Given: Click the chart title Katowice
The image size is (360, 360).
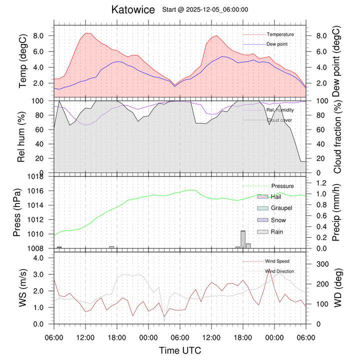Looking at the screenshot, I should tap(132, 10).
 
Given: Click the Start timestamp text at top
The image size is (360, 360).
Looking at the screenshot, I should tap(206, 9).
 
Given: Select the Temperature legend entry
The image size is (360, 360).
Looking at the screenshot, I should tap(280, 34).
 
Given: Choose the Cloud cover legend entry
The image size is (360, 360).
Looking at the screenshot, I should tap(279, 120).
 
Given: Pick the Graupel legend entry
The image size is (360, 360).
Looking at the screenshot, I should tap(281, 208).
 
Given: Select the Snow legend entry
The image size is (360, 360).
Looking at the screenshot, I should tap(278, 220).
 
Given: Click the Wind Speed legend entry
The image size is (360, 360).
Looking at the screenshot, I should tap(277, 261).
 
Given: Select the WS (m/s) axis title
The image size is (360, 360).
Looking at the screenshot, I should tap(23, 288).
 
